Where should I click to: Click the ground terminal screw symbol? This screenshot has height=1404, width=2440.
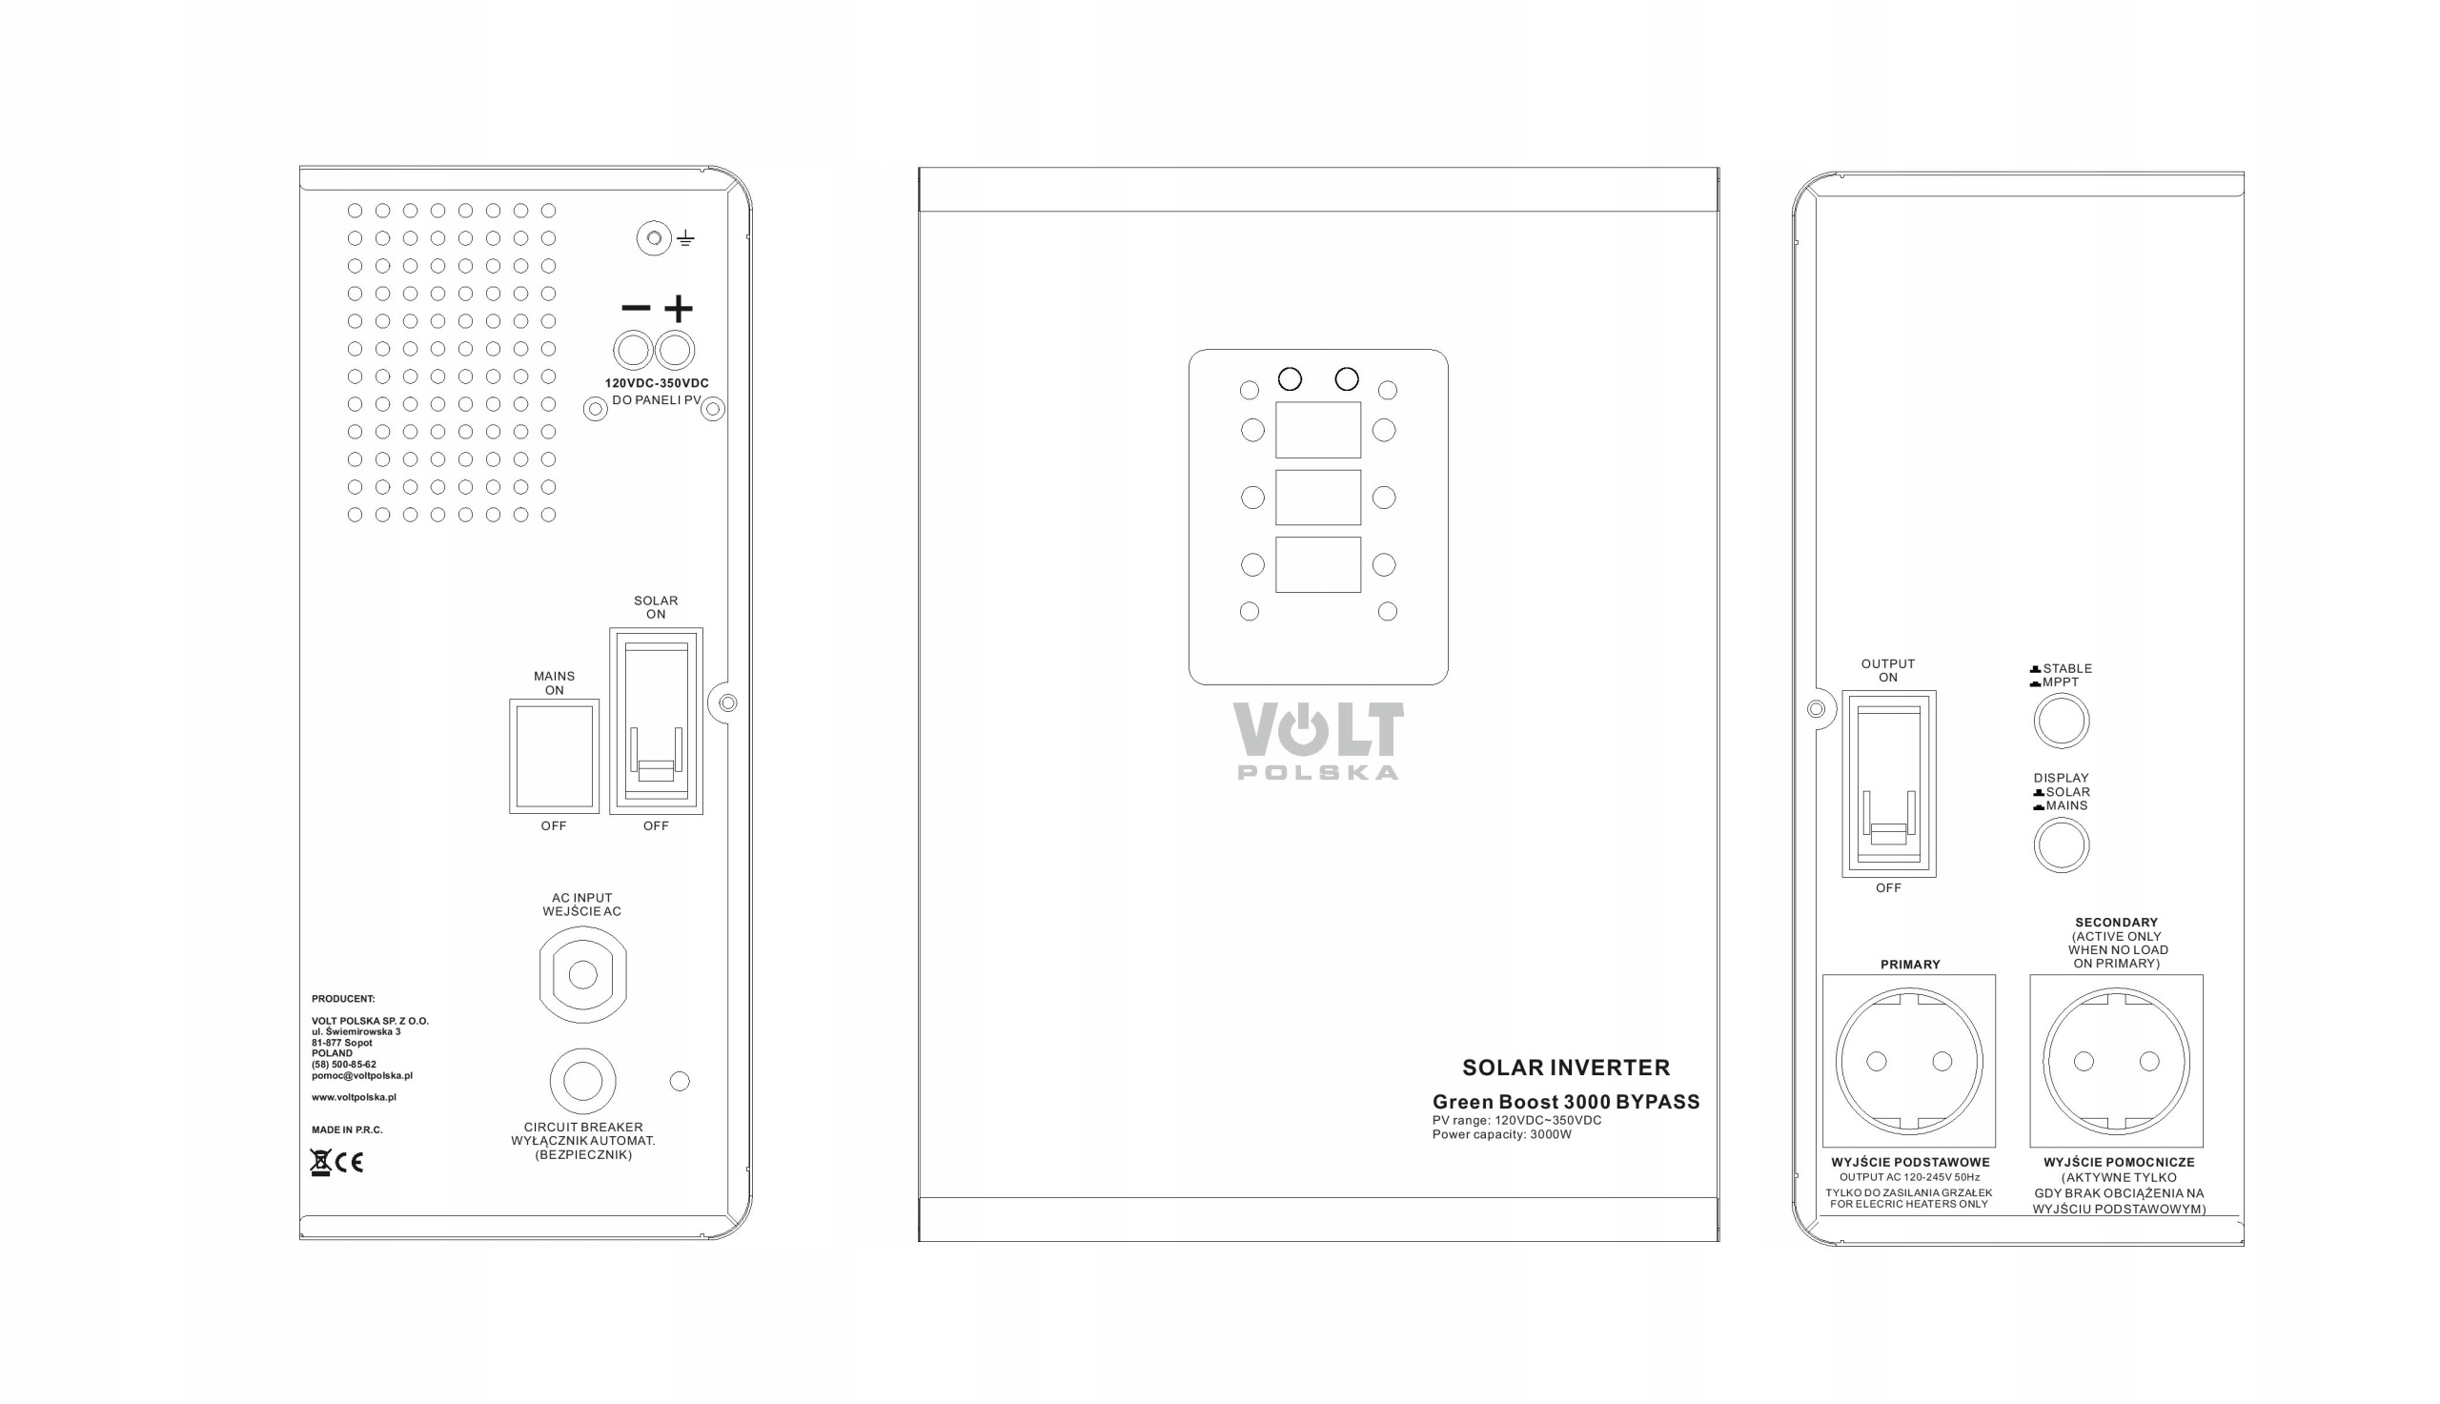(654, 238)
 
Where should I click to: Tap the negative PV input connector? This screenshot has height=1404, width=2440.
(634, 350)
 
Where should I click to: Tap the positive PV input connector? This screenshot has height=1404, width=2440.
(675, 350)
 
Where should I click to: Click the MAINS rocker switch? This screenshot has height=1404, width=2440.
(555, 756)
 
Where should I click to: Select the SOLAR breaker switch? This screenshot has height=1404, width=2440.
(656, 722)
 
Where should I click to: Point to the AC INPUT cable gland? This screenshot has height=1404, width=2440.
(583, 975)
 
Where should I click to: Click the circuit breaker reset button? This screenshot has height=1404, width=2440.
(583, 1081)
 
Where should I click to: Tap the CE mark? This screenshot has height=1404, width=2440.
(350, 1163)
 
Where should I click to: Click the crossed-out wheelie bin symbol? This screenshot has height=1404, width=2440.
(320, 1163)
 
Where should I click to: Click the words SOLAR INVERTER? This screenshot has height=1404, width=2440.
(1566, 1068)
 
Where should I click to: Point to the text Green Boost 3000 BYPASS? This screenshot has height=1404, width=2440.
(1566, 1102)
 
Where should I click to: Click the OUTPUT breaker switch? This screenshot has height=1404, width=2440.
(1888, 783)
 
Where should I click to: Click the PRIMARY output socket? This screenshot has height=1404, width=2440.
(1909, 1061)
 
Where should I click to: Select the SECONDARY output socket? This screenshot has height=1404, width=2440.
(2116, 1061)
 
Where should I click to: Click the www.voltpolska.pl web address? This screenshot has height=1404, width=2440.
(354, 1097)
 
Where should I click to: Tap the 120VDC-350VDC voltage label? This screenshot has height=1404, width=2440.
(657, 383)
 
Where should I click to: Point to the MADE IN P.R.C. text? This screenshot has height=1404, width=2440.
(347, 1130)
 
